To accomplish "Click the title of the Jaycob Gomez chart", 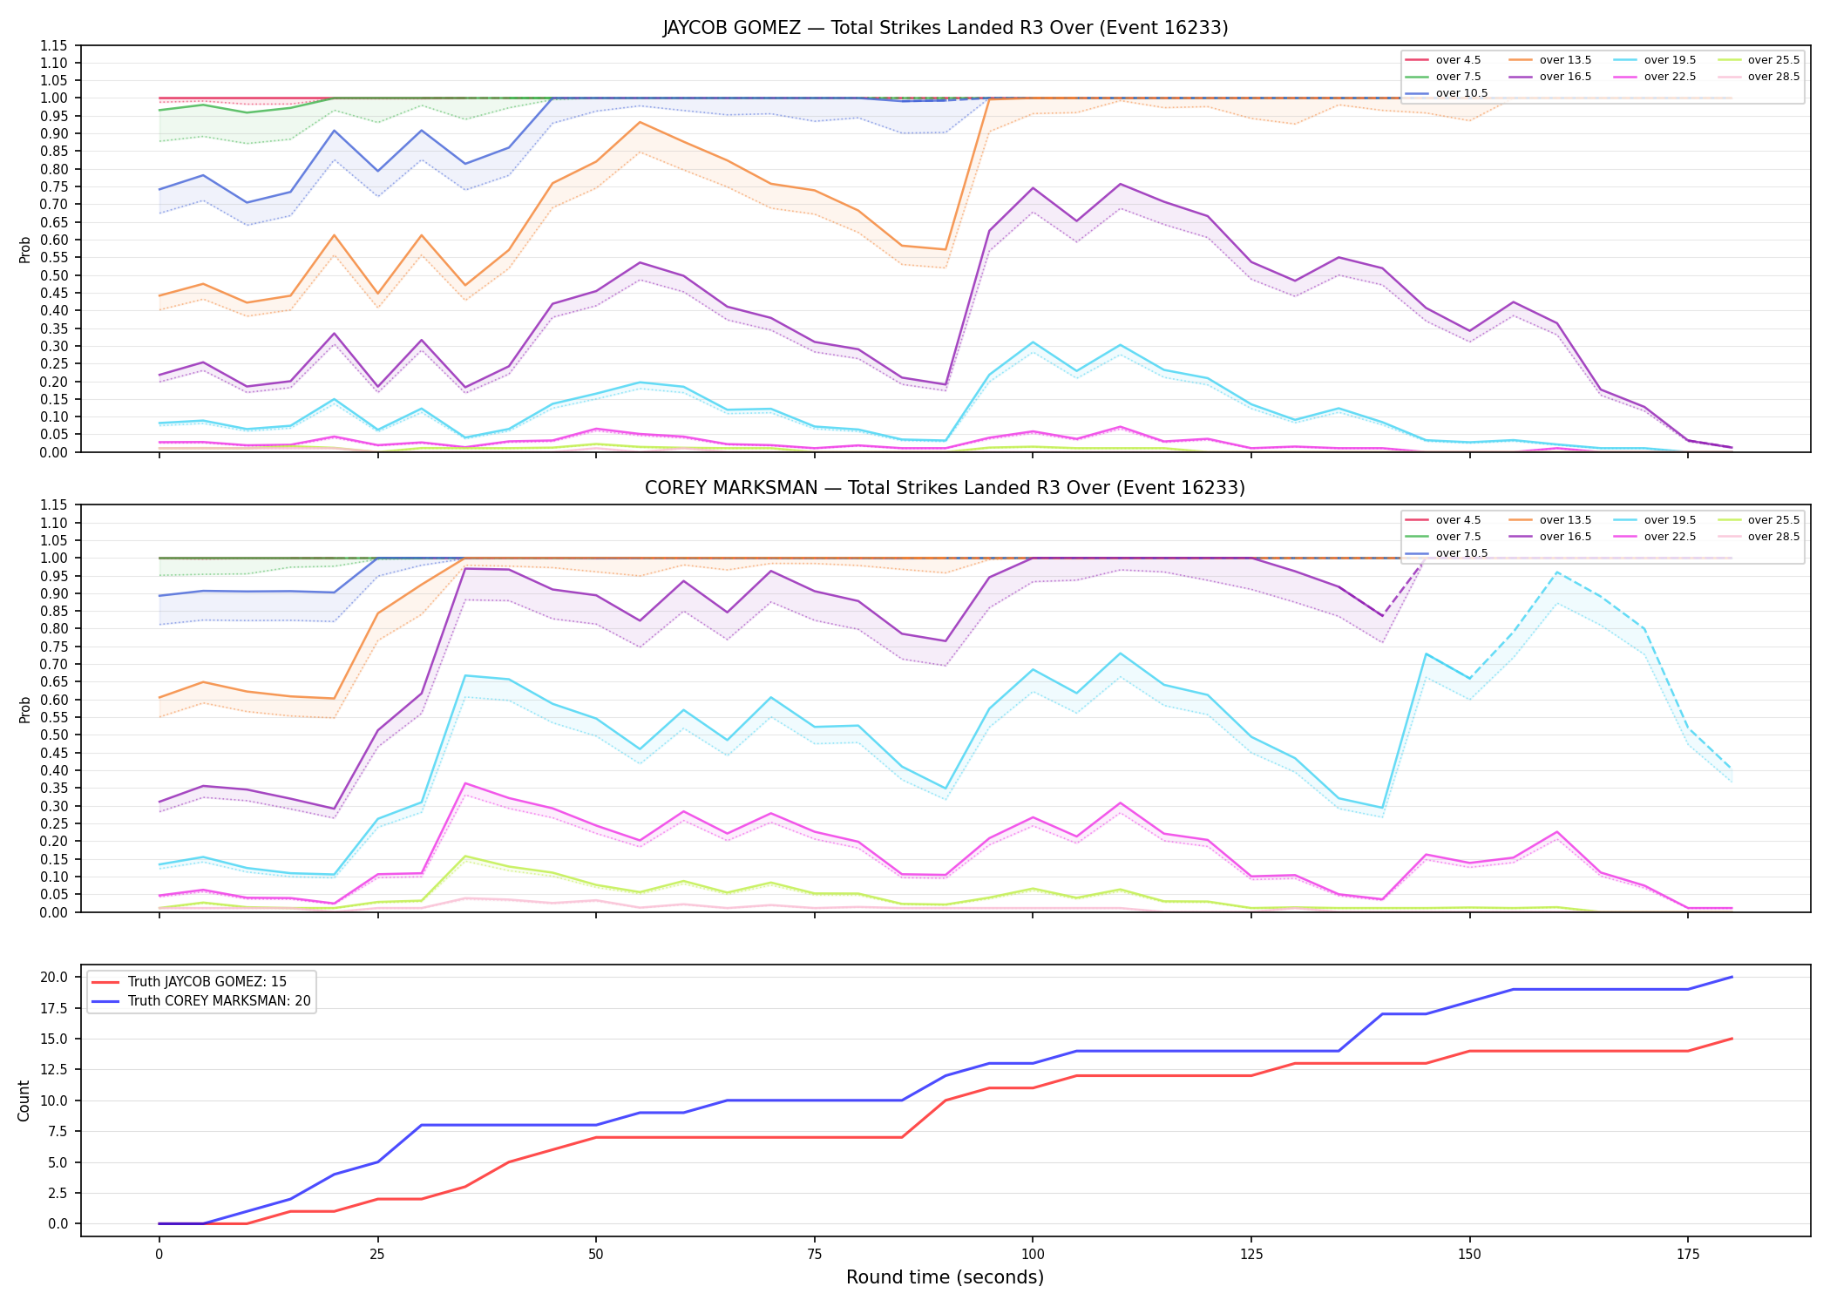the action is (945, 28).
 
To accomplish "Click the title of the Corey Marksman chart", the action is (945, 488).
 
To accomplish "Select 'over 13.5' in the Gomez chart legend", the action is (1565, 60).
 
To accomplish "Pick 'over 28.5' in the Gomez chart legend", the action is (1773, 77).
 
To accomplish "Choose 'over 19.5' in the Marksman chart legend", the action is (1670, 520).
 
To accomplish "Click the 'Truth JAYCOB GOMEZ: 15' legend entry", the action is (207, 982).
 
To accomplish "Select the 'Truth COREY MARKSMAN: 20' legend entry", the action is (220, 1001).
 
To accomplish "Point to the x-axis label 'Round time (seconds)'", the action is (945, 1277).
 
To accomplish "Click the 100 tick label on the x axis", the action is (1033, 1255).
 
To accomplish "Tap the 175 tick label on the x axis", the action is (1688, 1255).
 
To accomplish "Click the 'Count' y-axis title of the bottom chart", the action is (24, 1100).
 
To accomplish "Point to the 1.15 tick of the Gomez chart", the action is (55, 45).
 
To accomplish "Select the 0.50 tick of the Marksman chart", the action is (55, 735).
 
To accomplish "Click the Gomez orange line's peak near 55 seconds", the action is (640, 122).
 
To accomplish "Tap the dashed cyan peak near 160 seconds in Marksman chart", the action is (1556, 572).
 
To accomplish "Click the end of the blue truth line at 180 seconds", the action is (1732, 977).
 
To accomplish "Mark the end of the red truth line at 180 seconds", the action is (1732, 1039).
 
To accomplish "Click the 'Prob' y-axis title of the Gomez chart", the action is (24, 249).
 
